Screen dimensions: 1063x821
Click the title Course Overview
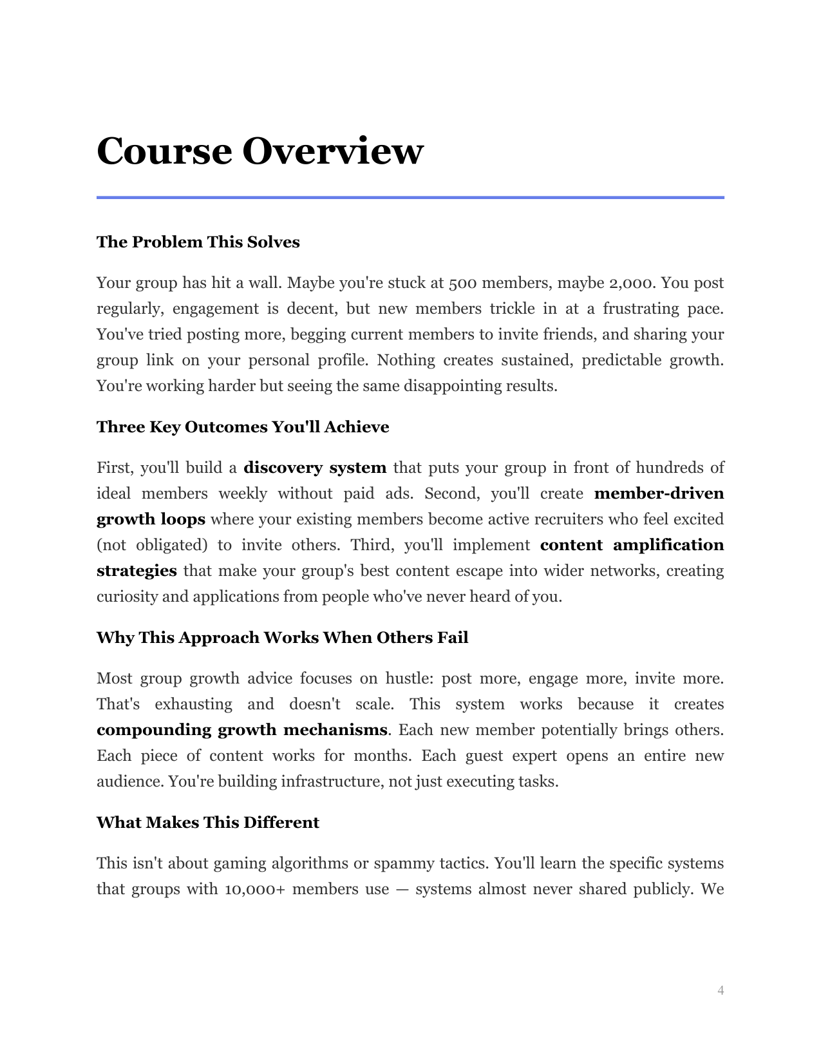[260, 151]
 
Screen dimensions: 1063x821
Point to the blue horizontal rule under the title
[410, 197]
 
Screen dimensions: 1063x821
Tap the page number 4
[721, 990]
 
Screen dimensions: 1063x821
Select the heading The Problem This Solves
[198, 242]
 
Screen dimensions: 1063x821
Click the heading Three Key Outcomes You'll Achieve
[243, 427]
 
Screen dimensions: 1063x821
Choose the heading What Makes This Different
[208, 823]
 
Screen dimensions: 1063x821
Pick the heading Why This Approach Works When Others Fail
[282, 638]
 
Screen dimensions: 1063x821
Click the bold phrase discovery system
[315, 468]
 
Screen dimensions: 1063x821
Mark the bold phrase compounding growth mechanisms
[242, 730]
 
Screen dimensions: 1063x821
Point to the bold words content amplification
[632, 545]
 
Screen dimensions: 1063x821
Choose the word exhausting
[193, 704]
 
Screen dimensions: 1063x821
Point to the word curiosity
[127, 597]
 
